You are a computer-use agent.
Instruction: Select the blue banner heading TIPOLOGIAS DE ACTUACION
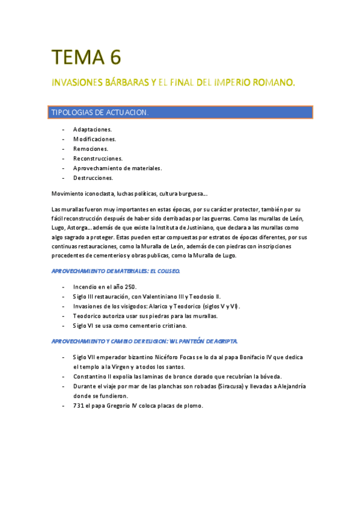(x=100, y=112)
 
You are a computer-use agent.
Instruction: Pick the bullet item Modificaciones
(x=94, y=139)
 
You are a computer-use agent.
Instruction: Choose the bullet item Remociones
(x=91, y=149)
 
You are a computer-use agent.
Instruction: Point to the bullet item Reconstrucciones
(x=97, y=158)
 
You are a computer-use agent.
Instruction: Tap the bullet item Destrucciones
(x=93, y=178)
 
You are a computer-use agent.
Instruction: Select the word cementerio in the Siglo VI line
(x=141, y=326)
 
